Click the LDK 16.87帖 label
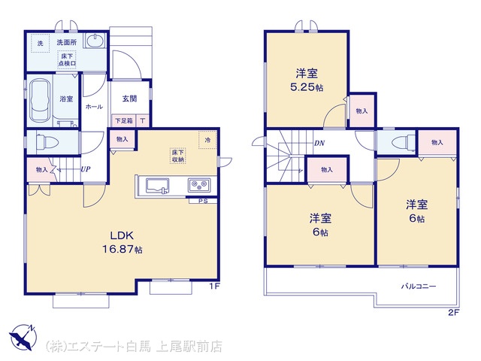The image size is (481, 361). click(122, 242)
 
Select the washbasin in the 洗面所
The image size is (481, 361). click(95, 41)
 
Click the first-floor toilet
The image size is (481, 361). click(47, 142)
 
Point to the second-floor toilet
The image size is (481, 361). click(403, 143)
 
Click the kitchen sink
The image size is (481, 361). click(157, 186)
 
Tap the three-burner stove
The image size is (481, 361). click(198, 186)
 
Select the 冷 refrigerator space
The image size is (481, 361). click(207, 140)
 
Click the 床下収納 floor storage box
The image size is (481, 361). click(178, 156)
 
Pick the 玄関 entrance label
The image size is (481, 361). click(129, 99)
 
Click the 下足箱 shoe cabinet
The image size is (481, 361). click(123, 120)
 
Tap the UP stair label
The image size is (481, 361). click(86, 169)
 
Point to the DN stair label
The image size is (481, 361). click(319, 144)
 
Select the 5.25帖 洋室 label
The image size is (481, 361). click(307, 80)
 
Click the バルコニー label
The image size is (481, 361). click(419, 287)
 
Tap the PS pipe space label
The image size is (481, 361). click(203, 201)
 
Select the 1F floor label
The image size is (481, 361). click(214, 287)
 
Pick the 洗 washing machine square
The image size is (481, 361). click(40, 44)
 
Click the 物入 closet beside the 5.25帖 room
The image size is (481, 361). click(362, 111)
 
